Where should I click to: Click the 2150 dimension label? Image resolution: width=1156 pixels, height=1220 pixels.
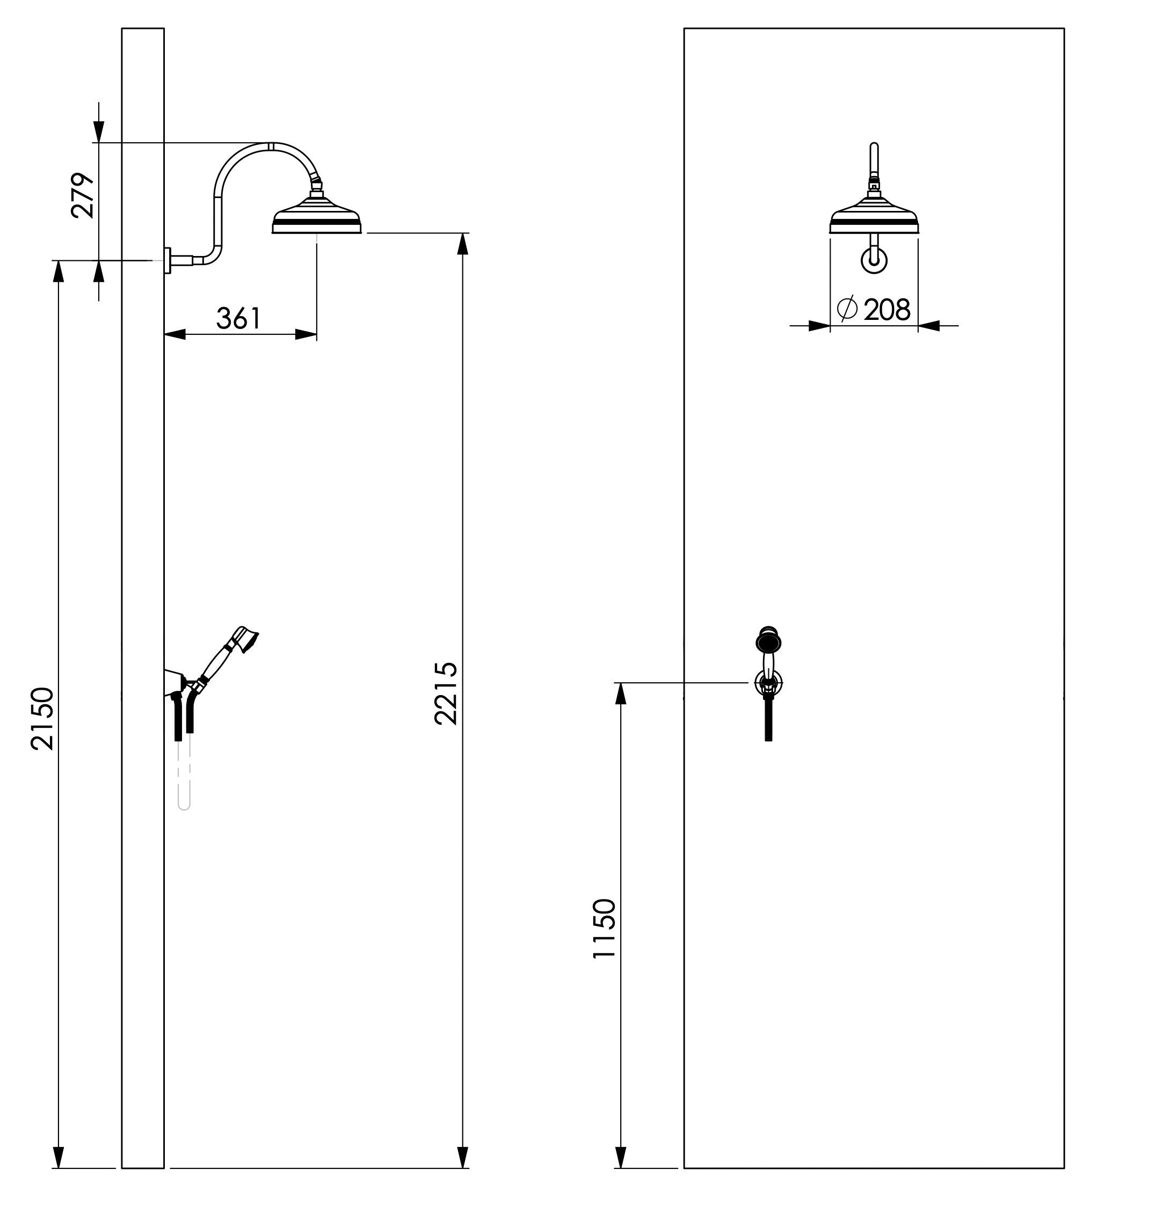[43, 718]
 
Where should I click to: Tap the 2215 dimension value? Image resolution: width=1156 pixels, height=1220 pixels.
[446, 693]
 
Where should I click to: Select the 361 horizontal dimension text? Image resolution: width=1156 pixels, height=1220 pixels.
[238, 318]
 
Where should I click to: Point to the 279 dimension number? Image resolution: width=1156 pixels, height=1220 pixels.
[83, 196]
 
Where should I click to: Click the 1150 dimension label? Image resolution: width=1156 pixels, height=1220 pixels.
[604, 928]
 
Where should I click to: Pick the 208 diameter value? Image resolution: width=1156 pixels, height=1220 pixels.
[886, 310]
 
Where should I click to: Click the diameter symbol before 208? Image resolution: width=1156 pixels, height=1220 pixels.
[847, 309]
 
